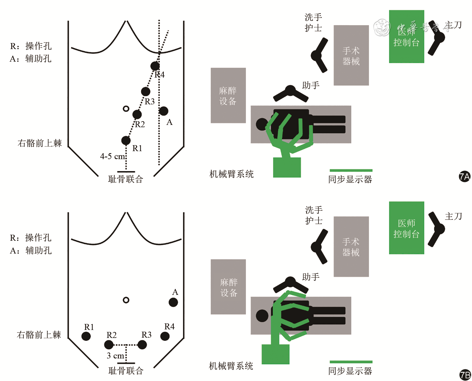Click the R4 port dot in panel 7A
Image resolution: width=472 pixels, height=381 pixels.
click(x=155, y=66)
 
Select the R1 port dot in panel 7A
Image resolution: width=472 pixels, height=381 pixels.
click(x=126, y=140)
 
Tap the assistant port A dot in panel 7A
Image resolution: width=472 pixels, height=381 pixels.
click(x=164, y=111)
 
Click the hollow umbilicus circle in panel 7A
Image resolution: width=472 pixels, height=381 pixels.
click(x=126, y=109)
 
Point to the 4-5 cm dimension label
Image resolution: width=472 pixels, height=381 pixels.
click(x=112, y=156)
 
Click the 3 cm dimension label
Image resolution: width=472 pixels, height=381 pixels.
click(x=115, y=356)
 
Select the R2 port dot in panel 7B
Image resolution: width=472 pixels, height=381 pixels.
click(x=109, y=345)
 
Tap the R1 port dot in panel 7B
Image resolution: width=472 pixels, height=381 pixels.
click(x=86, y=336)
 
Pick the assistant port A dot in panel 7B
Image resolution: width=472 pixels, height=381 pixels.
click(x=173, y=302)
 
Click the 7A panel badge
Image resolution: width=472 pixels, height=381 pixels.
click(x=465, y=177)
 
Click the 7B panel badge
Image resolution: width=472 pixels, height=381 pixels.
click(x=465, y=375)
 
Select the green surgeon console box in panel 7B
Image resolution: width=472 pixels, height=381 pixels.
click(x=406, y=228)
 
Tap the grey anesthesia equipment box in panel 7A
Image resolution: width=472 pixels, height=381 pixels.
click(x=228, y=96)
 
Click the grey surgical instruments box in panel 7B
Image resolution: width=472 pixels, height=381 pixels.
click(x=351, y=247)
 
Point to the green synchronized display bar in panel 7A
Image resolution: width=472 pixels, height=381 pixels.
click(x=351, y=171)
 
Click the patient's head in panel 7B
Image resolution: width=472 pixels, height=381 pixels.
click(x=262, y=316)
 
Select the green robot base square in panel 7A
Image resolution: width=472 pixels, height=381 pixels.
click(x=287, y=167)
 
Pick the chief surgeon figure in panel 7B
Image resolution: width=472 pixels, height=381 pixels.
click(x=436, y=229)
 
